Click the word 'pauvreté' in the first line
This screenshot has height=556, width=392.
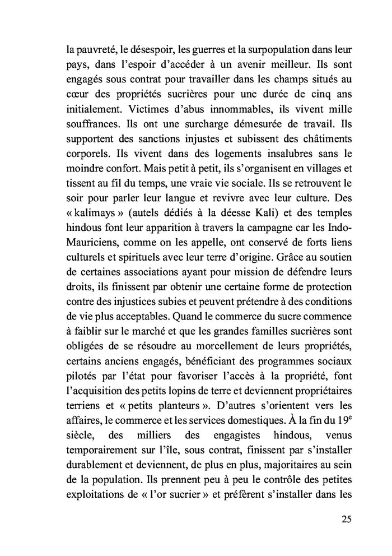[96, 50]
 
